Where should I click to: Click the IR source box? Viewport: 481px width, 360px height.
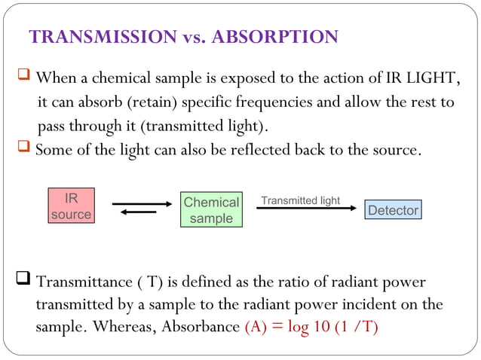pos(70,206)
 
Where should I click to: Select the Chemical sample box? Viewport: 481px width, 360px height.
pos(211,210)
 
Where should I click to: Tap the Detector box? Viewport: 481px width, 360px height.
pos(393,210)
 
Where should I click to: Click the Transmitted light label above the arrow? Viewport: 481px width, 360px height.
pos(300,200)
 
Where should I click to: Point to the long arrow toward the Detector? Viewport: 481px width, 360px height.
pos(305,208)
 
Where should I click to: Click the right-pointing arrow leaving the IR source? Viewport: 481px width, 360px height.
pos(142,203)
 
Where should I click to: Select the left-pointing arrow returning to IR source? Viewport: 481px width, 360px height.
pos(139,212)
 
